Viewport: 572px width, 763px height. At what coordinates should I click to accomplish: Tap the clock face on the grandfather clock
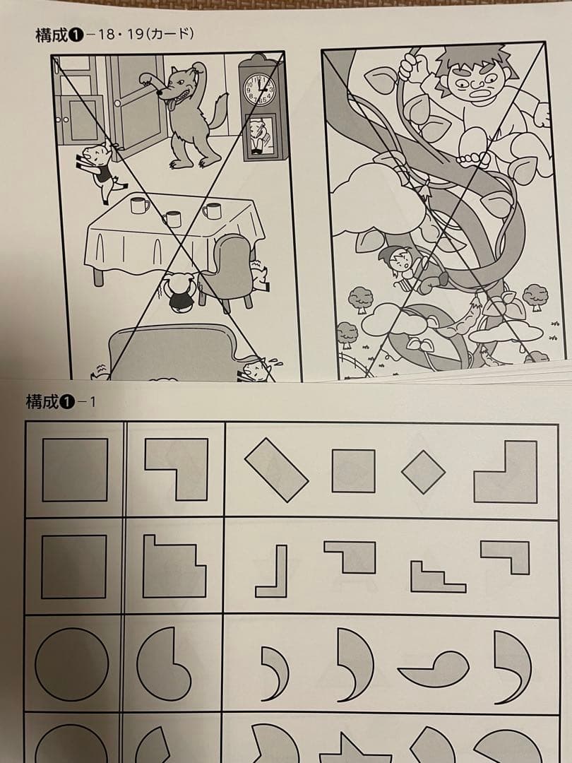click(x=259, y=90)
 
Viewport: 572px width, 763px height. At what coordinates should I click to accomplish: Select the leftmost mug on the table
click(x=139, y=206)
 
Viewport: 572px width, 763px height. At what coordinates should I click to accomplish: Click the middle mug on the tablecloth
click(x=172, y=219)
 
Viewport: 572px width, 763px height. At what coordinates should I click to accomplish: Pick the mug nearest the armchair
click(x=212, y=211)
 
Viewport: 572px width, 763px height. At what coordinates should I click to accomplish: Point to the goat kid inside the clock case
click(x=258, y=134)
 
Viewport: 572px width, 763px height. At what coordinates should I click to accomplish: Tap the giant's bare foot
click(x=470, y=159)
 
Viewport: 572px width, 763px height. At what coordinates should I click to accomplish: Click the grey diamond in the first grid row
click(x=423, y=471)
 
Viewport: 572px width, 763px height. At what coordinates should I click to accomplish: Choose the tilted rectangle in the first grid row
click(x=276, y=470)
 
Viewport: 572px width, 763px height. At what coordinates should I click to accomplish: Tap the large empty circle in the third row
click(x=72, y=664)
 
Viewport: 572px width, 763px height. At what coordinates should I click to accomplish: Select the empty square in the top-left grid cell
click(x=75, y=470)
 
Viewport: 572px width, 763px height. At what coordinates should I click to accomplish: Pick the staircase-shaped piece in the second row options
click(x=438, y=576)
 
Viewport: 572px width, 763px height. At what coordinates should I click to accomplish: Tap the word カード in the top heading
click(x=169, y=33)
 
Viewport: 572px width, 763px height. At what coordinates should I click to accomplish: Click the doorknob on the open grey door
click(x=117, y=104)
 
